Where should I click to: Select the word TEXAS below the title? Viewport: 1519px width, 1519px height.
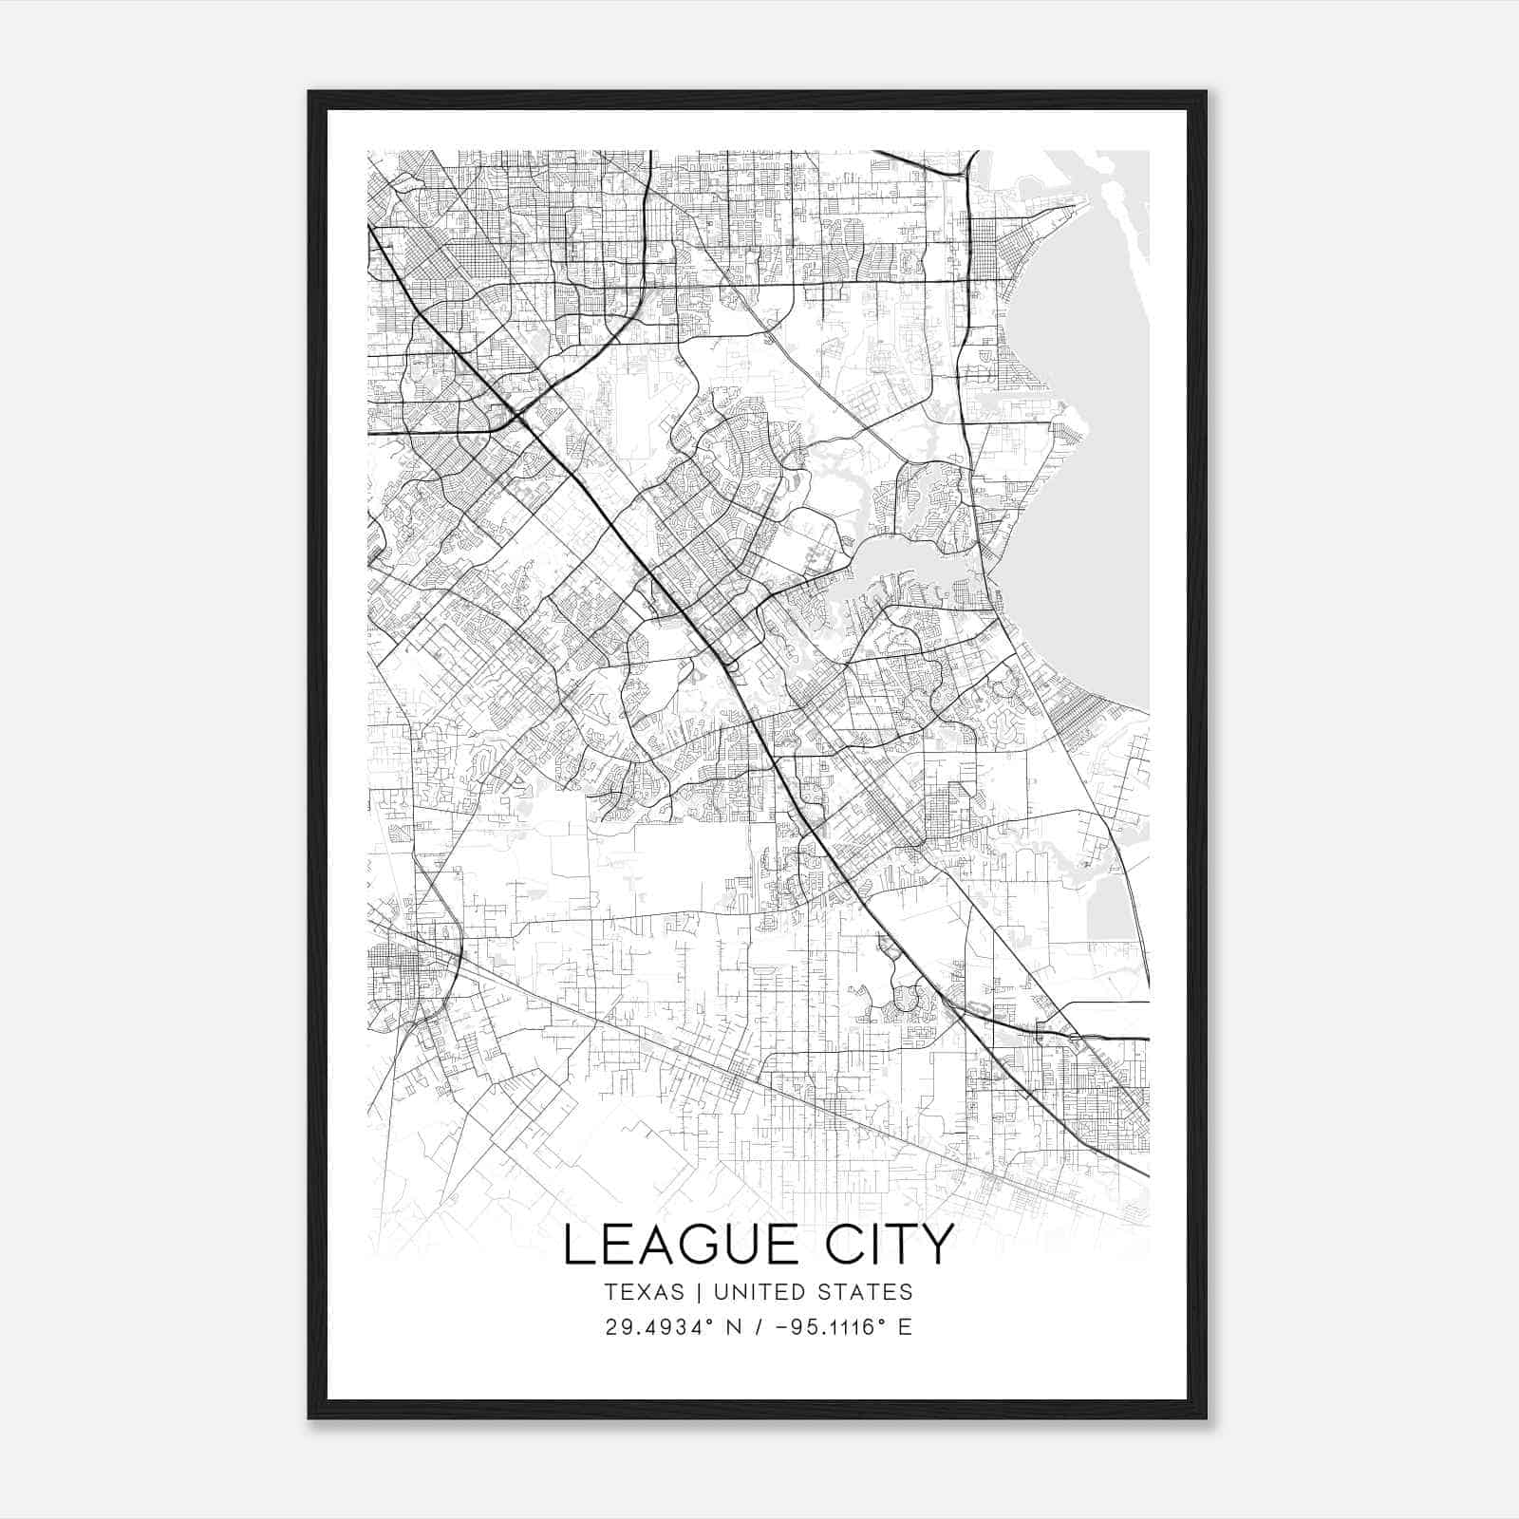644,1292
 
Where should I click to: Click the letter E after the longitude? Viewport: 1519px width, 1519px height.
905,1327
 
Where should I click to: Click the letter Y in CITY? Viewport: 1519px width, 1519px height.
936,1245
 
